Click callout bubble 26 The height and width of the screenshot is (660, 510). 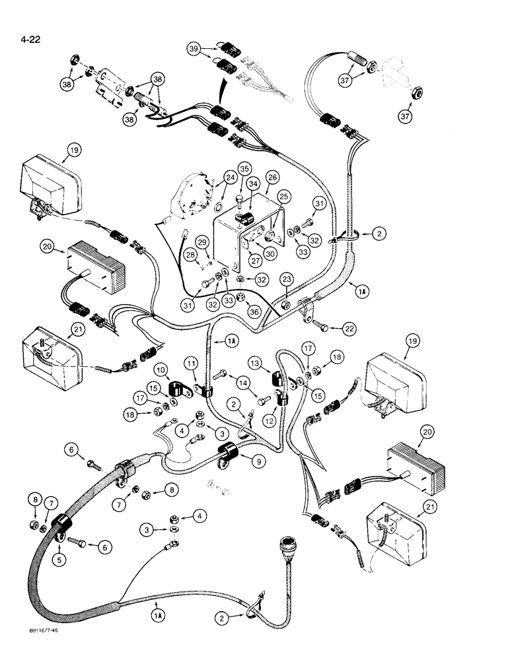coord(272,178)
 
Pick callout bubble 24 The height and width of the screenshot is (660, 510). coord(230,178)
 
